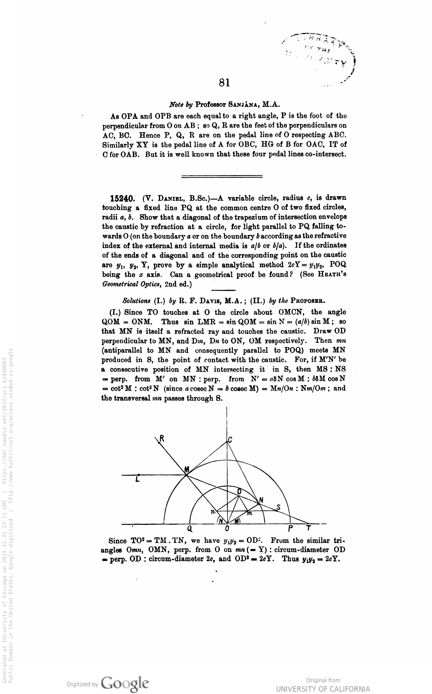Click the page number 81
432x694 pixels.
click(225, 82)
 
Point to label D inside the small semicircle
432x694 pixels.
click(239, 491)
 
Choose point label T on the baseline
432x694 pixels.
click(308, 528)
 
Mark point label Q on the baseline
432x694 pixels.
click(189, 529)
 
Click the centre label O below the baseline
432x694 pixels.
click(227, 529)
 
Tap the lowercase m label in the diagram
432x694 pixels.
click(249, 513)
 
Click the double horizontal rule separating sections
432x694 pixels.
click(222, 176)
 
